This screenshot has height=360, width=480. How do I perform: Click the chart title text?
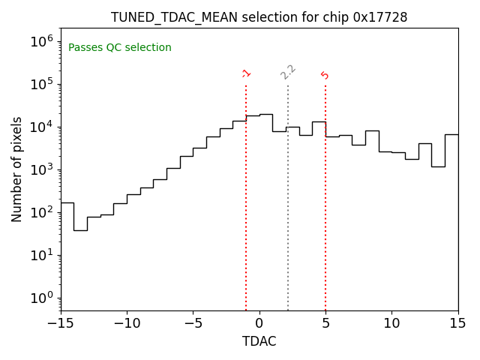click(259, 17)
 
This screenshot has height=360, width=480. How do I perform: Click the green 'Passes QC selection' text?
click(120, 48)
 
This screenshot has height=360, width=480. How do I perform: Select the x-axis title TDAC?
click(259, 341)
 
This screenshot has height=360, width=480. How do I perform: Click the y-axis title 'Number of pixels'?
click(17, 169)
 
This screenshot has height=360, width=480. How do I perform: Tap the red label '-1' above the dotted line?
click(246, 73)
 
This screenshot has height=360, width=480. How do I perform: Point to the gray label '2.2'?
click(288, 71)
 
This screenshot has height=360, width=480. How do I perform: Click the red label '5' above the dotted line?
click(325, 75)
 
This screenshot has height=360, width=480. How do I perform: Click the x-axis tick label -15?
click(61, 323)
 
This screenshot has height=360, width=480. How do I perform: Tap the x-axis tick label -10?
click(127, 323)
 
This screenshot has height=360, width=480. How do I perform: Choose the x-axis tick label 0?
click(259, 323)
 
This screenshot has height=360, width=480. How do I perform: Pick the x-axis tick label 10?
click(391, 323)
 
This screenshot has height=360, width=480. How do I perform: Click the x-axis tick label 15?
click(457, 323)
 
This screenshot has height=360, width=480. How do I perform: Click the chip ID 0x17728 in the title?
click(380, 17)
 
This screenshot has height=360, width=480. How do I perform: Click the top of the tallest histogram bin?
click(265, 115)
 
